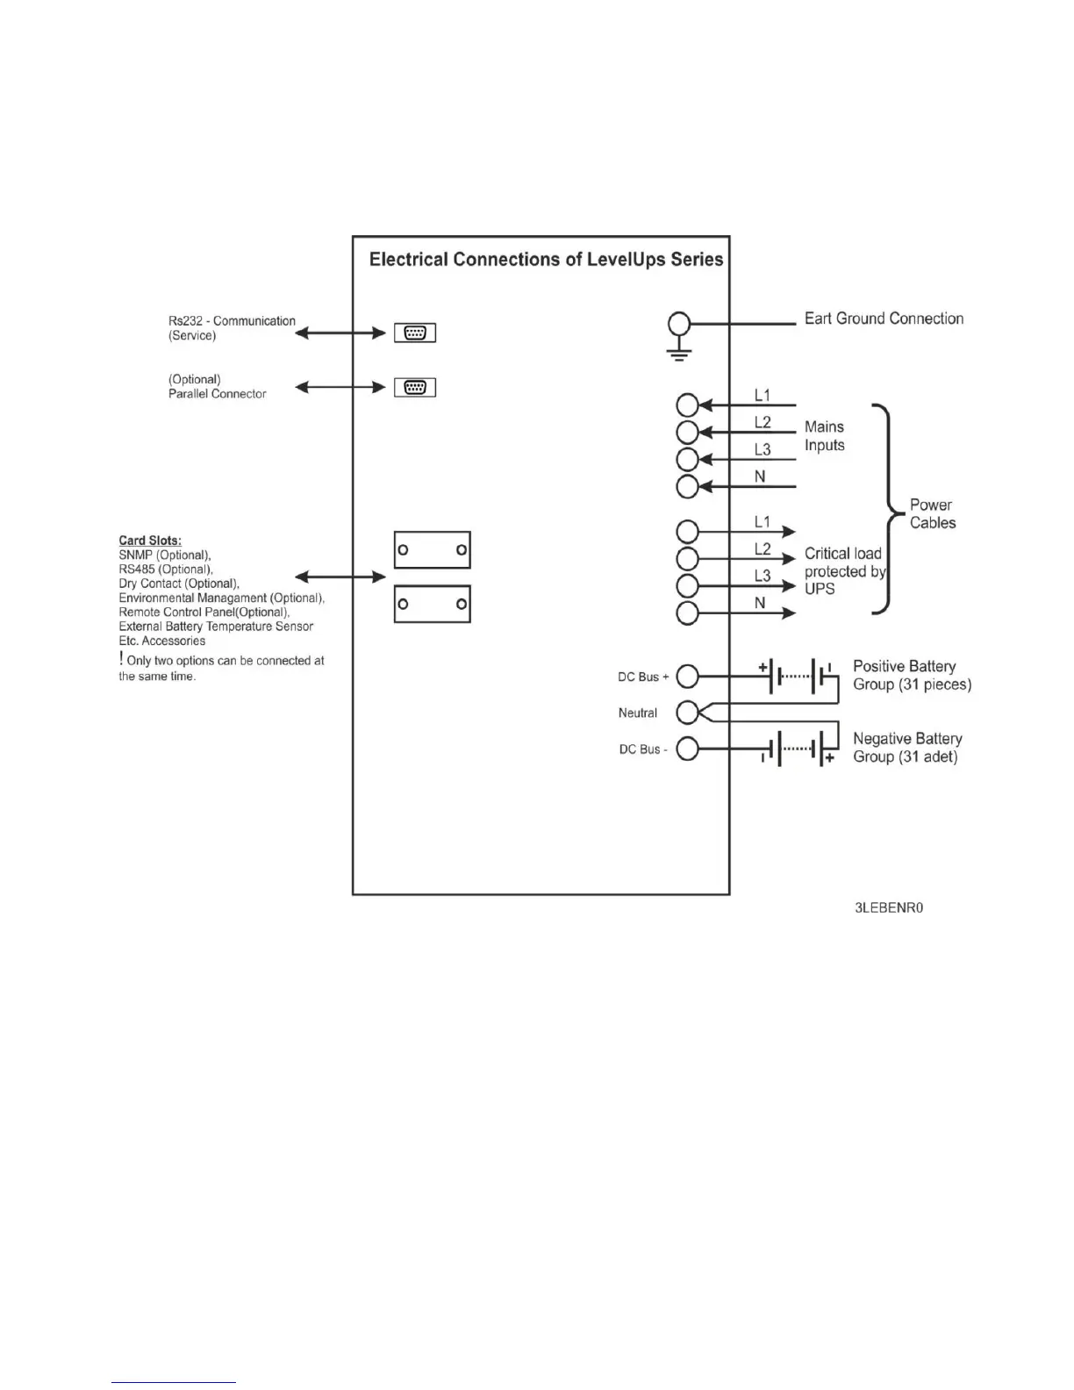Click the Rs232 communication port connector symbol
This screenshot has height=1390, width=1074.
[x=415, y=333]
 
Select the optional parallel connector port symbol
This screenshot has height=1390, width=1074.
[x=415, y=387]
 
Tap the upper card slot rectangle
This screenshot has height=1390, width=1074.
[x=432, y=550]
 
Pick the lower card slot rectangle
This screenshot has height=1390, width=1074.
[x=432, y=604]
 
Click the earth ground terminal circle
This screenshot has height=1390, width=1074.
[x=679, y=324]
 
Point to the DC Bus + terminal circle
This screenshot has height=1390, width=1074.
[x=688, y=677]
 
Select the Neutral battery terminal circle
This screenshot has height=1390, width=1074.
[x=688, y=712]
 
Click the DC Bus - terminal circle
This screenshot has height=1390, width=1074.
[x=688, y=749]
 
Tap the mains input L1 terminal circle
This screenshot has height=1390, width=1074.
[x=688, y=405]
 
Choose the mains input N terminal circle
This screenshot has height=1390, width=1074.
[x=688, y=486]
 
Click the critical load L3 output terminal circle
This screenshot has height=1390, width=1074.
[x=688, y=585]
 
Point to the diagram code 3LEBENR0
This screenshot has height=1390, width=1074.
[x=888, y=907]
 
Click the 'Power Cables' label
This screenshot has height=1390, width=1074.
[x=932, y=513]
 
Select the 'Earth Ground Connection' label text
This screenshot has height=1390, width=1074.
[x=884, y=319]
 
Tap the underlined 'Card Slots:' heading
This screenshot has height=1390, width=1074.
[x=150, y=541]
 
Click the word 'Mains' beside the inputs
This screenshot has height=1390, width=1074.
[x=824, y=426]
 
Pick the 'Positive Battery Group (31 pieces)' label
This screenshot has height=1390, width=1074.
[x=912, y=675]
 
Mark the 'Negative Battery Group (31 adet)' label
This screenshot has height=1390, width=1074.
[x=907, y=748]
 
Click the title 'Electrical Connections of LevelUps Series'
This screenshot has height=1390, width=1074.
[x=546, y=260]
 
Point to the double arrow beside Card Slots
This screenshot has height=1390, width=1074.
[x=340, y=577]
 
